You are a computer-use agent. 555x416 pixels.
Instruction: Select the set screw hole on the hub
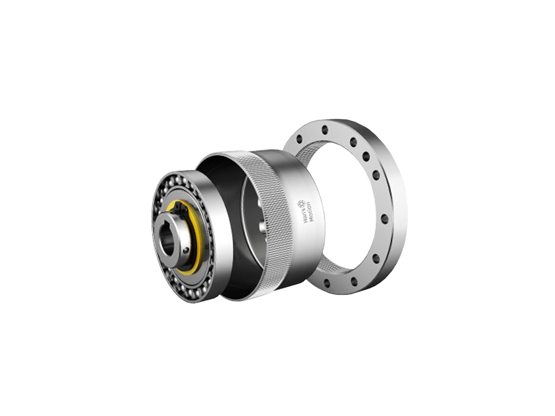186,250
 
